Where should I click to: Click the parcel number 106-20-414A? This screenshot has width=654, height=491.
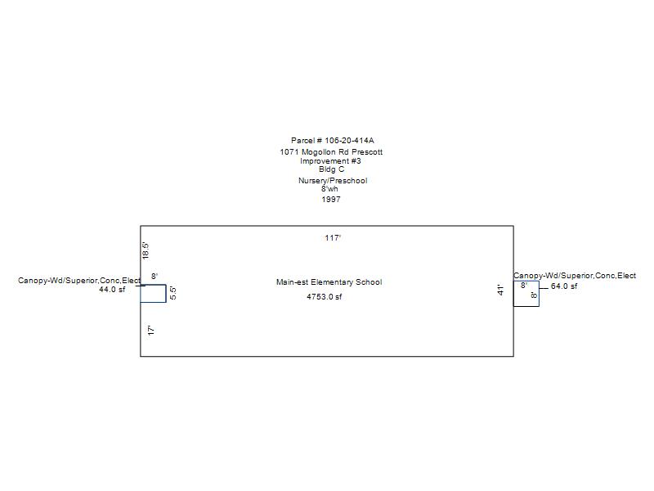332,141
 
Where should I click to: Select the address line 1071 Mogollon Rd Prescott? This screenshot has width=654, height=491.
331,152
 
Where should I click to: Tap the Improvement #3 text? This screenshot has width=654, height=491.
330,161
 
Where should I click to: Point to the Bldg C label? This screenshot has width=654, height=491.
331,169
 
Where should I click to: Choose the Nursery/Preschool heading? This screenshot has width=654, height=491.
332,181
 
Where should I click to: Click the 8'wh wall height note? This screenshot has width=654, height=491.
329,189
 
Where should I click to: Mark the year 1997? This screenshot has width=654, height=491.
331,200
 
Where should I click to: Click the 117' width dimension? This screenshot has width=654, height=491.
333,238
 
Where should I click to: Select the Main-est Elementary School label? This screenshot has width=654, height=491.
329,282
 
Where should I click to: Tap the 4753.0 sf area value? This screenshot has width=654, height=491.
325,297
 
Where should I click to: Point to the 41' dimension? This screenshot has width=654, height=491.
501,290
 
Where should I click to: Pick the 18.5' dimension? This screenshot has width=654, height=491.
146,250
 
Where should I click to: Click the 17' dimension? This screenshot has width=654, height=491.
151,331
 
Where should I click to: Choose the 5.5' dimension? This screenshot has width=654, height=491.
173,293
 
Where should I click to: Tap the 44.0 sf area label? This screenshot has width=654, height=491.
112,290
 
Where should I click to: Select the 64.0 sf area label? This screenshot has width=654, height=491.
564,286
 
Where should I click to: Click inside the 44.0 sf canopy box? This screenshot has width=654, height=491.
153,294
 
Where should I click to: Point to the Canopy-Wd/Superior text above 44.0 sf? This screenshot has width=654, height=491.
79,281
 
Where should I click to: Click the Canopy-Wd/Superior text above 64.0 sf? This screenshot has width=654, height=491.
575,276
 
